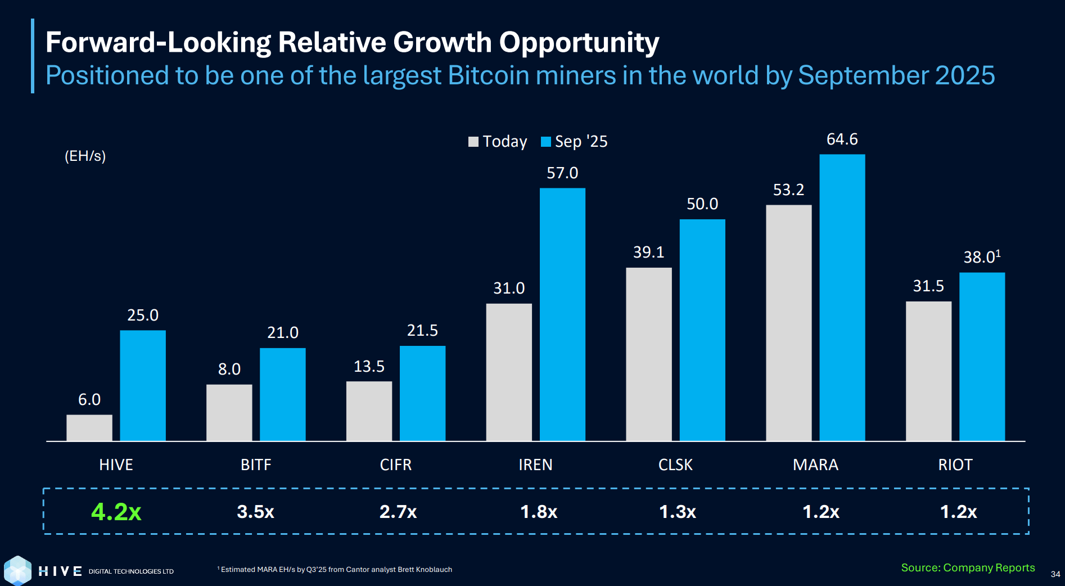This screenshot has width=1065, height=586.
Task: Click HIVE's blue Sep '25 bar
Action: [143, 385]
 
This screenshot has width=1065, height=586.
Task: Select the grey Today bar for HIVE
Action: [89, 427]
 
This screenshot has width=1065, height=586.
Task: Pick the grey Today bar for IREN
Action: [509, 372]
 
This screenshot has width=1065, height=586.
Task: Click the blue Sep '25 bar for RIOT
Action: [982, 357]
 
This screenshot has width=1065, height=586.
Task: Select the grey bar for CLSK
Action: [648, 354]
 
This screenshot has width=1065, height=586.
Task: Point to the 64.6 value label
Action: [842, 139]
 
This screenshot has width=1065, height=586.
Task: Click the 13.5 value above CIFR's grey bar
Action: [369, 367]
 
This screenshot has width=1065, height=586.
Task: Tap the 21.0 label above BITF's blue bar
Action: [282, 333]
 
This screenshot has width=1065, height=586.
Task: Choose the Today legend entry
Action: [498, 142]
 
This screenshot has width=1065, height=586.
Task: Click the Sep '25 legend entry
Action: [575, 142]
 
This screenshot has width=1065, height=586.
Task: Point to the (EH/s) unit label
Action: [85, 156]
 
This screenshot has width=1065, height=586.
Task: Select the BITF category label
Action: [256, 465]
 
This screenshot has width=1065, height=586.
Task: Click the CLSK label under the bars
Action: [675, 465]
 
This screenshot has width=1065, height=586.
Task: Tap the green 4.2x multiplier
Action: [116, 512]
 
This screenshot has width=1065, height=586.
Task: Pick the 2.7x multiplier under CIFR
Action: [398, 512]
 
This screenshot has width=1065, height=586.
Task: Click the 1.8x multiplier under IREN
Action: [538, 512]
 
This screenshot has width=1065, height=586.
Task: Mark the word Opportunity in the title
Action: [579, 43]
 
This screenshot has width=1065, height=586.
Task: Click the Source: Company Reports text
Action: [968, 568]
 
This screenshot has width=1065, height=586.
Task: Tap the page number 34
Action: [1055, 574]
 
